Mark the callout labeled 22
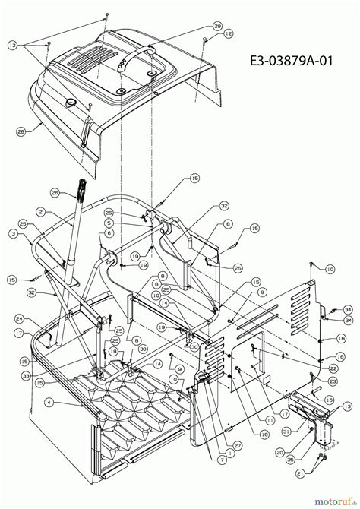[333, 368]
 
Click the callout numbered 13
[346, 406]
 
